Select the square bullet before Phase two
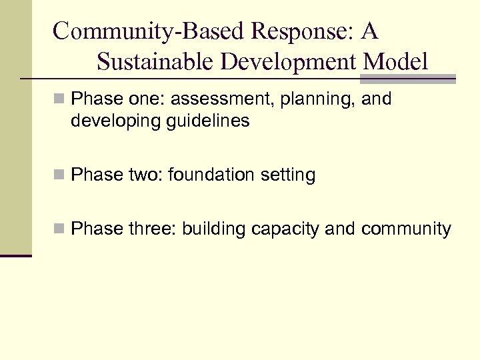pyautogui.click(x=60, y=176)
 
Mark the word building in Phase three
pyautogui.click(x=214, y=229)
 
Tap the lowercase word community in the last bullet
pyautogui.click(x=406, y=229)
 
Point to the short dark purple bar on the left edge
pyautogui.click(x=16, y=255)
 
